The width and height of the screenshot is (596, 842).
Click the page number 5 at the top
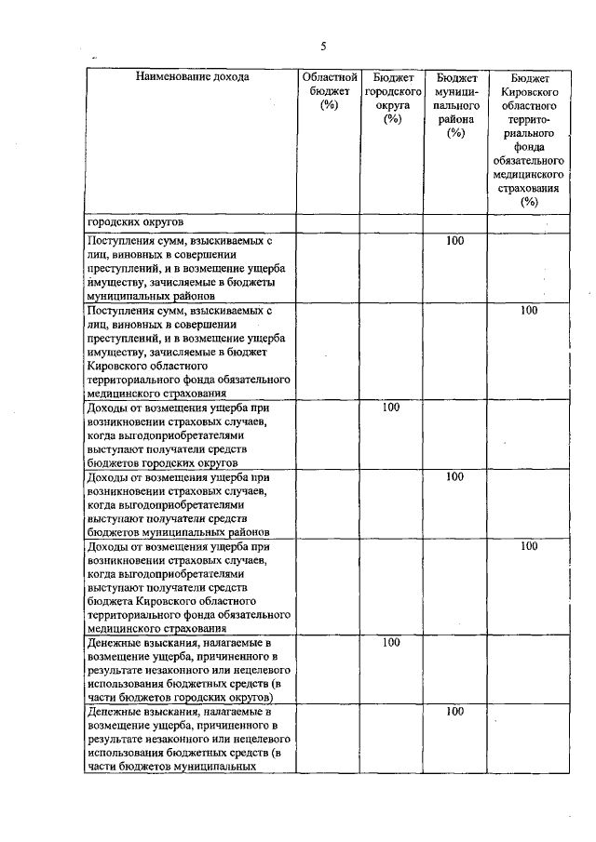point(323,46)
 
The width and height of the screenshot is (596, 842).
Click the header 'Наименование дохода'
point(192,77)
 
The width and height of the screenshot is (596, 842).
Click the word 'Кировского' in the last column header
point(529,94)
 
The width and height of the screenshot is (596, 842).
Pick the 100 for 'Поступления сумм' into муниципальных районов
point(454,241)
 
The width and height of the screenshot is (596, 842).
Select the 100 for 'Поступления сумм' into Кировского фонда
point(529,311)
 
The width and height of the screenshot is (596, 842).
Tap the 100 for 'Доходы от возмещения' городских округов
point(391,408)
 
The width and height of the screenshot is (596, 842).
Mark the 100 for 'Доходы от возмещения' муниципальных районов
point(454,477)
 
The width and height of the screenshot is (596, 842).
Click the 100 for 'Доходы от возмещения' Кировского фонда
point(529,547)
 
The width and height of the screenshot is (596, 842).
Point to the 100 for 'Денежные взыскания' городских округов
point(391,642)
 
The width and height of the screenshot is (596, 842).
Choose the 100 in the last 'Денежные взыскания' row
point(454,712)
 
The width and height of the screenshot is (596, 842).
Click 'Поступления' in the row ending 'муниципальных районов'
point(118,241)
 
